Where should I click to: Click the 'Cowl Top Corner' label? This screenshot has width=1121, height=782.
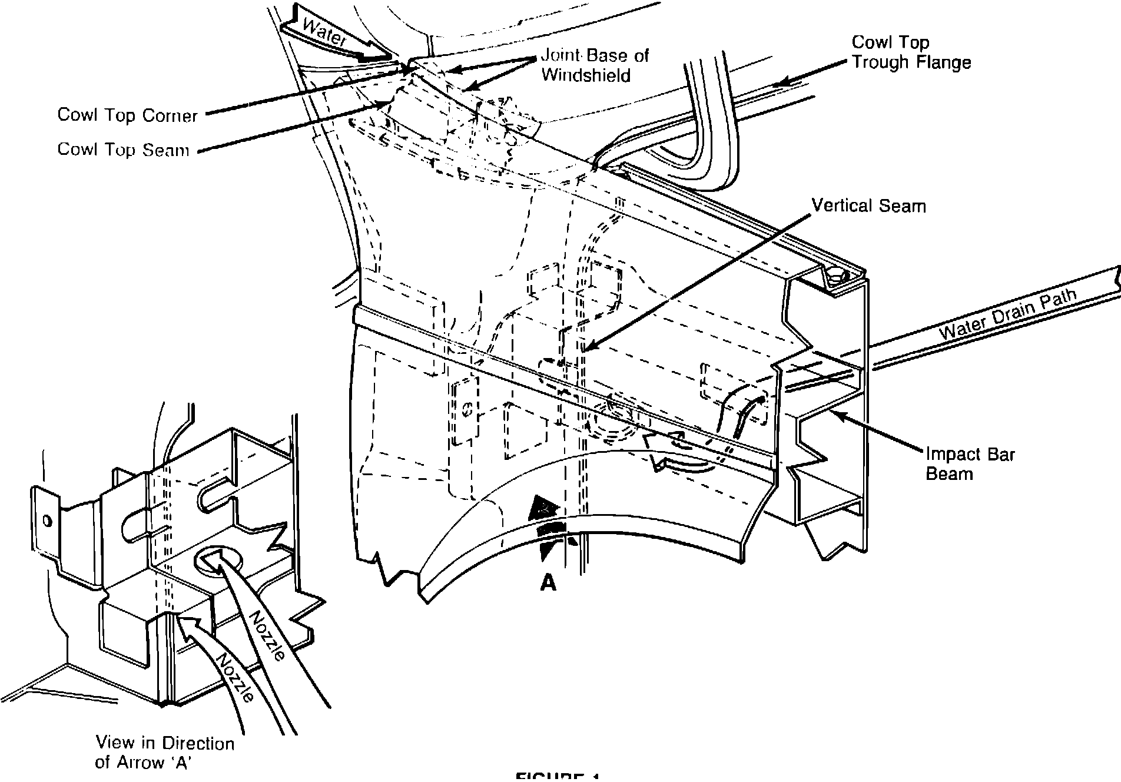[x=127, y=115]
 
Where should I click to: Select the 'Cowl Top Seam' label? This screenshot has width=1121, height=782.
[x=123, y=149]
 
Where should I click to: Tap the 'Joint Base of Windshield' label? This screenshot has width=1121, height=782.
[x=594, y=65]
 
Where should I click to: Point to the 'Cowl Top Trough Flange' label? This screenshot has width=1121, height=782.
[x=911, y=52]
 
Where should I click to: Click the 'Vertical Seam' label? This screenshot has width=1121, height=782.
[x=868, y=206]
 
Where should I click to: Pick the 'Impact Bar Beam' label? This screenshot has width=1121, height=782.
[x=970, y=463]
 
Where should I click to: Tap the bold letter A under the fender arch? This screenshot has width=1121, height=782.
[x=548, y=582]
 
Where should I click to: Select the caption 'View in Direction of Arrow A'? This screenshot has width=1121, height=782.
[x=164, y=753]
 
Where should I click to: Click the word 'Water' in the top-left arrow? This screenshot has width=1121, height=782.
[x=325, y=34]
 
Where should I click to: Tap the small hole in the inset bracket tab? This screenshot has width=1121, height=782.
[x=47, y=521]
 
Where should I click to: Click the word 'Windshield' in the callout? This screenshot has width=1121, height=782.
[x=586, y=75]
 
